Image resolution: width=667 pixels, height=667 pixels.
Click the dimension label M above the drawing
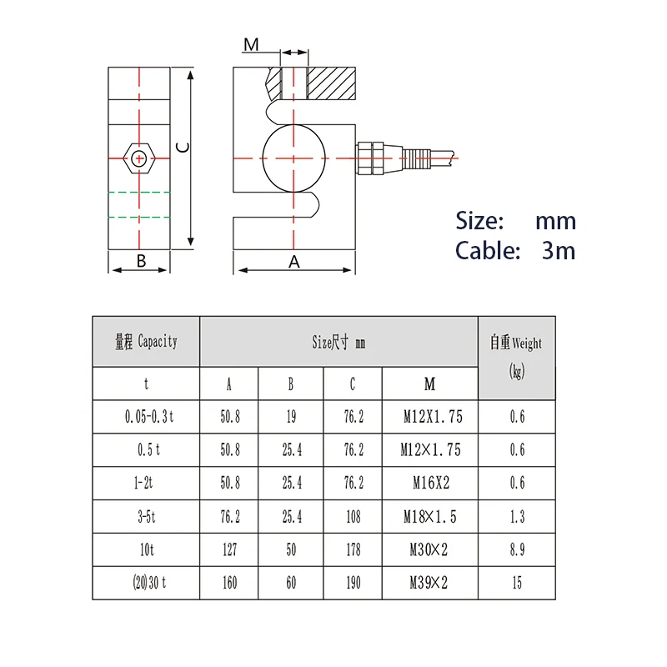click(x=251, y=44)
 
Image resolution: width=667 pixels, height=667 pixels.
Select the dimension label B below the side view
click(x=141, y=261)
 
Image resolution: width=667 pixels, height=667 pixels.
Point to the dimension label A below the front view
click(x=293, y=262)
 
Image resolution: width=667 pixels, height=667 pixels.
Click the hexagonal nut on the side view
click(x=139, y=157)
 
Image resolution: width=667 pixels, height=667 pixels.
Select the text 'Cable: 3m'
click(x=514, y=250)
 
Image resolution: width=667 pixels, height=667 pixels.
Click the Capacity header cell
click(x=146, y=341)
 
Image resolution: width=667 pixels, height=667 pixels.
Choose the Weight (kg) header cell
click(x=516, y=357)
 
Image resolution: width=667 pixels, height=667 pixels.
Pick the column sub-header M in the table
click(x=429, y=384)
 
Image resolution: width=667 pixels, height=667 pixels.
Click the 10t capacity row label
click(x=146, y=549)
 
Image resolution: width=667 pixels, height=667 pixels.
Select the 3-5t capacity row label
click(x=146, y=517)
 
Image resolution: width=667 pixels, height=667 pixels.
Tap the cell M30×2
click(x=429, y=549)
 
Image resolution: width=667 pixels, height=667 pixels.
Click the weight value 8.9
click(x=517, y=549)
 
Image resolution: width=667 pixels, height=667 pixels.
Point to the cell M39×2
click(x=429, y=583)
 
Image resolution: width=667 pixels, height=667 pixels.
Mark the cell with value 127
click(x=229, y=549)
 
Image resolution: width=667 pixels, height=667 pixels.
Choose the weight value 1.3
click(x=517, y=517)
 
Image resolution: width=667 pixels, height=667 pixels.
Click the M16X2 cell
click(x=429, y=483)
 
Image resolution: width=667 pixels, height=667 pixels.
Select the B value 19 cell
click(x=291, y=416)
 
